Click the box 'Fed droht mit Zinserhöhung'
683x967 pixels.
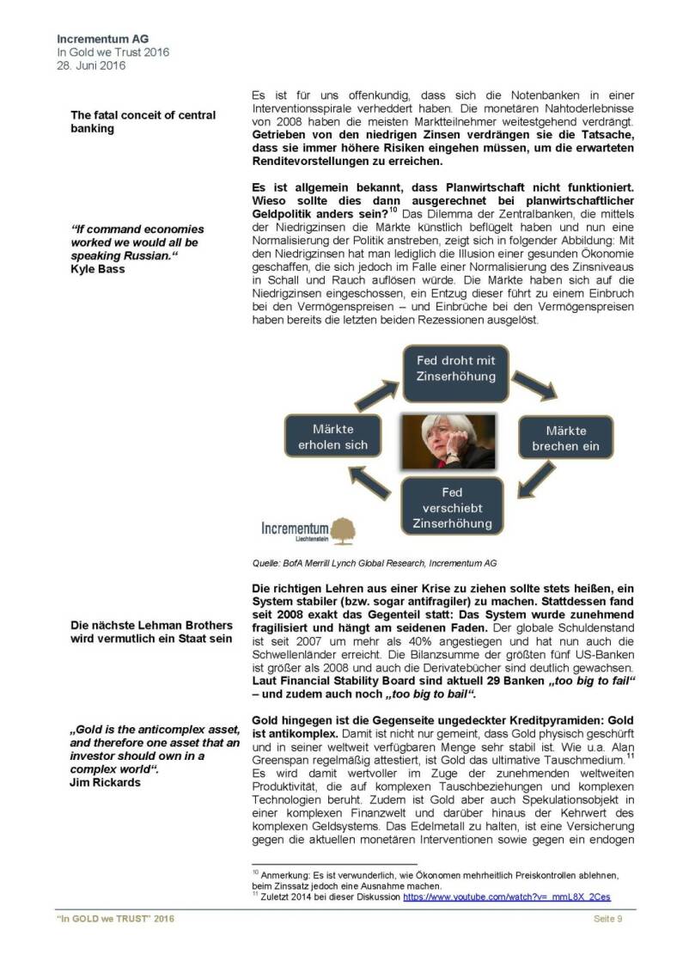[x=456, y=369]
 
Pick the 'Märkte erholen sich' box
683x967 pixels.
[x=332, y=437]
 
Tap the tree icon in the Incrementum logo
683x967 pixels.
[x=343, y=529]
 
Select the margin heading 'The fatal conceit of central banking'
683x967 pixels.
[x=143, y=121]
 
